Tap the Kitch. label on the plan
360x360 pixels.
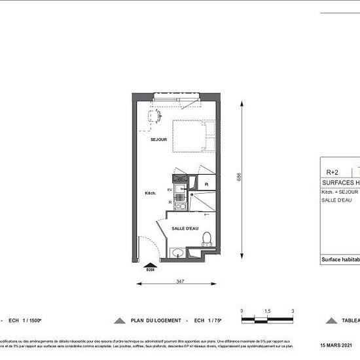point(151,193)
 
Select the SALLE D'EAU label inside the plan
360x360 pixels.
point(185,228)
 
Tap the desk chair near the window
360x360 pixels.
point(154,117)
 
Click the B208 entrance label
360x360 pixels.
point(150,269)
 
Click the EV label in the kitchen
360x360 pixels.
point(170,190)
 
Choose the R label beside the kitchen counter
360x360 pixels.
point(170,203)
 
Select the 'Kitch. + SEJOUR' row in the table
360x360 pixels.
point(340,192)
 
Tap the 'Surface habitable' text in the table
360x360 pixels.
point(340,259)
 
